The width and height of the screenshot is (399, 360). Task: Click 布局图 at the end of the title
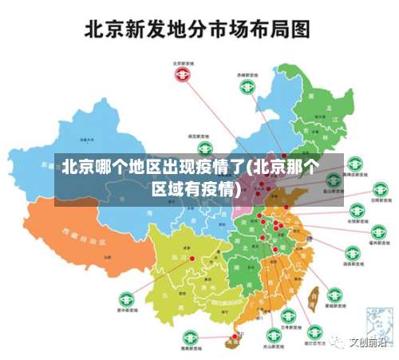[278, 30]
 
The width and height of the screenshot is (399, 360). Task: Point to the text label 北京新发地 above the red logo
[184, 62]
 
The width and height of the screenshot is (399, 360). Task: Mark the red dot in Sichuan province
[192, 259]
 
